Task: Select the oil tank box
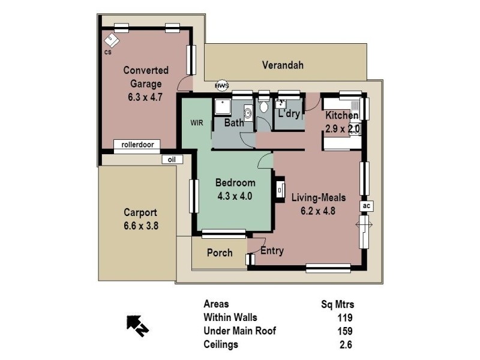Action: tap(172, 159)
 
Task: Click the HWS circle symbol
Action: tap(222, 85)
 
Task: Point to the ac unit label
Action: tap(368, 206)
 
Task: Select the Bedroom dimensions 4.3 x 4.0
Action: tap(235, 195)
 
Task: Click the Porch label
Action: tap(219, 253)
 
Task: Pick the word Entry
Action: tap(272, 251)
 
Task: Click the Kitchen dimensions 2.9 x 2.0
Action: tap(341, 128)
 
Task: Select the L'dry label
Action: tap(289, 113)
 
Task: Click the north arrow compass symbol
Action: tap(137, 325)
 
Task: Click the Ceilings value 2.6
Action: tap(346, 344)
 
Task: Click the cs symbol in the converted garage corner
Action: tap(112, 41)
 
